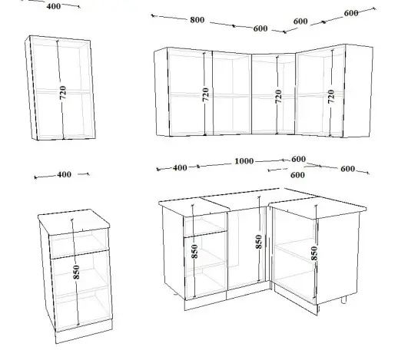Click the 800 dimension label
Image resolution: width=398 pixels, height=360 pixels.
[197, 20]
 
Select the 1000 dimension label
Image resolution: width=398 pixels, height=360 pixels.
[244, 161]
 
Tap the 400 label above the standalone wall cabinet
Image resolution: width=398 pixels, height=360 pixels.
[54, 6]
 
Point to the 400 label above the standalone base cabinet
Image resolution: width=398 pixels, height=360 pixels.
[64, 174]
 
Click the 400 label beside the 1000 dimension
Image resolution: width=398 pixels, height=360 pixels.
[180, 168]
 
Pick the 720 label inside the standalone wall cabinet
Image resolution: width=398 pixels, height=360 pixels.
[63, 93]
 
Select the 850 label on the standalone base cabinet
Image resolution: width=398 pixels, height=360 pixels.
[76, 272]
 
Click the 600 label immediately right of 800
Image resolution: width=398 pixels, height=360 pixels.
[260, 28]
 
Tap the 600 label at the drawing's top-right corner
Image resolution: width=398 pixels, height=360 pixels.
[351, 13]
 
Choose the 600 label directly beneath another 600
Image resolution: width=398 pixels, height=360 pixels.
[297, 175]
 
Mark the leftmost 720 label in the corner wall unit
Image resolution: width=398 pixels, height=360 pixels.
[205, 94]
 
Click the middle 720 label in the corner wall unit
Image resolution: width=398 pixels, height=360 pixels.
[278, 97]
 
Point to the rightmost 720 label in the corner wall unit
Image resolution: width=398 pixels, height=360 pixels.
[331, 96]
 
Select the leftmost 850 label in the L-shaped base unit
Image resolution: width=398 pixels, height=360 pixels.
[194, 251]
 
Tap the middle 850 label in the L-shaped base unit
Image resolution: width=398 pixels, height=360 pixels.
[259, 242]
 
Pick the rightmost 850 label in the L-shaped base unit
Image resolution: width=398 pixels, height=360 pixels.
[314, 253]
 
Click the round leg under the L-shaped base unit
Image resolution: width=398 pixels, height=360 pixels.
[343, 299]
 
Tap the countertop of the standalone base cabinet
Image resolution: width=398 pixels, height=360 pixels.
[74, 221]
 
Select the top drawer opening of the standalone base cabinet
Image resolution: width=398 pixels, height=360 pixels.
[79, 243]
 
